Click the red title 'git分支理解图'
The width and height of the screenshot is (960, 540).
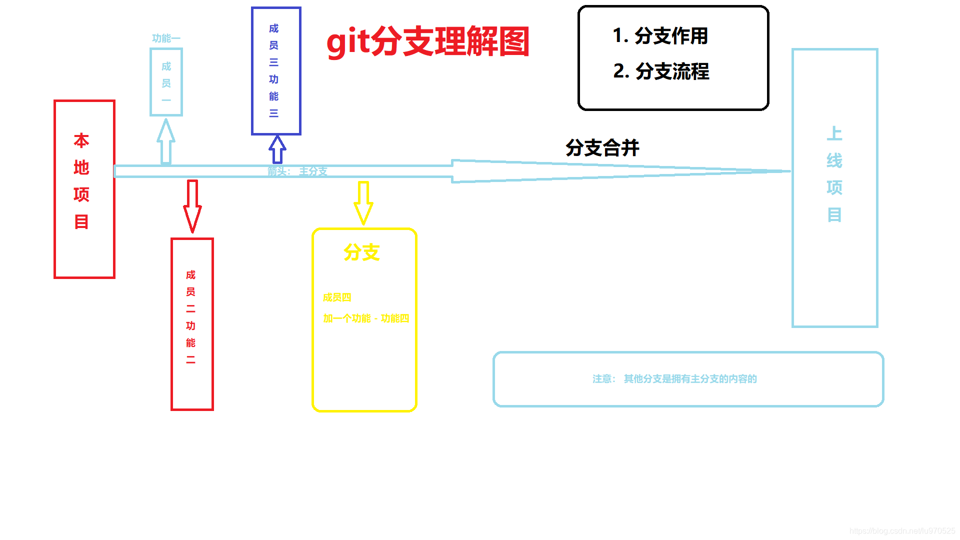coord(427,42)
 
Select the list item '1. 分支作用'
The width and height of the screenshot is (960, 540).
coord(660,36)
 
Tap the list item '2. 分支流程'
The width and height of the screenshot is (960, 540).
coord(661,71)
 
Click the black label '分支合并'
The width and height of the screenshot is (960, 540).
coord(602,148)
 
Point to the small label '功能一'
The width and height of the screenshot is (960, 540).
coord(166,38)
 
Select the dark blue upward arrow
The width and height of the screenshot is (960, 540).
coord(277,149)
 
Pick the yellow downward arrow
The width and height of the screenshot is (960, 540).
coord(363,203)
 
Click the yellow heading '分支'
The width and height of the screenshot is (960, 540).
coord(361,252)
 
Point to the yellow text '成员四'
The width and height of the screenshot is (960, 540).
coord(337,297)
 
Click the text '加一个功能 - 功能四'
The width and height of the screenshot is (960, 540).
coord(366,318)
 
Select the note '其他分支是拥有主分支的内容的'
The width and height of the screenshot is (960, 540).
coord(690,379)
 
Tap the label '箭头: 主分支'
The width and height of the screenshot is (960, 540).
coord(297,171)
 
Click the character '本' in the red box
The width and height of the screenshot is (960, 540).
coord(81,141)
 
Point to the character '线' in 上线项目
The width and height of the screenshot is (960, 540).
coord(834,161)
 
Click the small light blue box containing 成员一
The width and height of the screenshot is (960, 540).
coord(166,82)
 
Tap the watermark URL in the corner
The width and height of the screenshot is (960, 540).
coord(902,531)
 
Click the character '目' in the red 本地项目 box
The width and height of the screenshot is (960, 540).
coord(81,221)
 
